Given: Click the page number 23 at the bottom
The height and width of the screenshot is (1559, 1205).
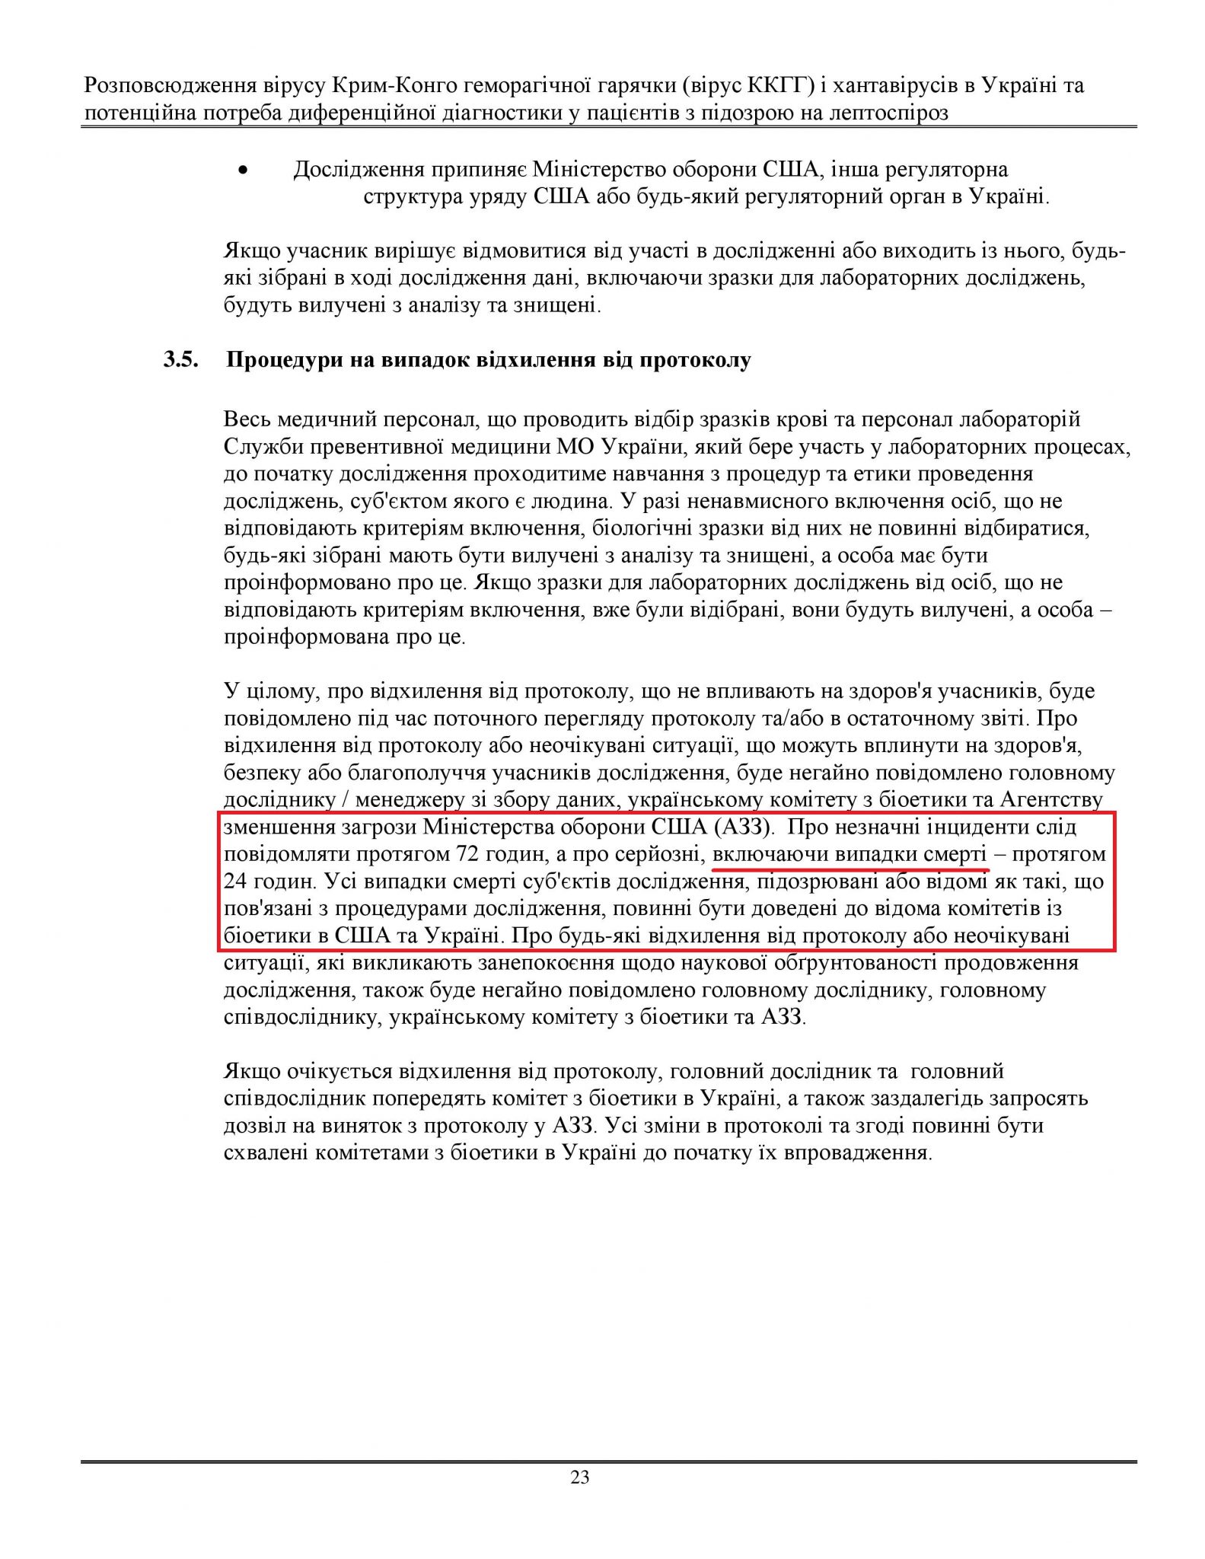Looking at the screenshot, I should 580,1500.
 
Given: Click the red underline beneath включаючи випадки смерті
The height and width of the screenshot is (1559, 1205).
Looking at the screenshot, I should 850,868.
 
